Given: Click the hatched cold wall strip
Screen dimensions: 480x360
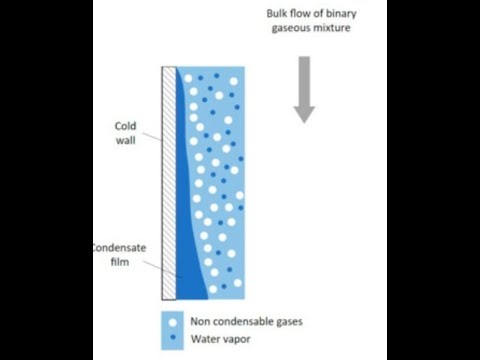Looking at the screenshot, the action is (169, 180).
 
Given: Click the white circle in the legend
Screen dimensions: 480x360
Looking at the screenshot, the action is (175, 321).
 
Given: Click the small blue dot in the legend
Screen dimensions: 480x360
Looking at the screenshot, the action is (175, 340).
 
